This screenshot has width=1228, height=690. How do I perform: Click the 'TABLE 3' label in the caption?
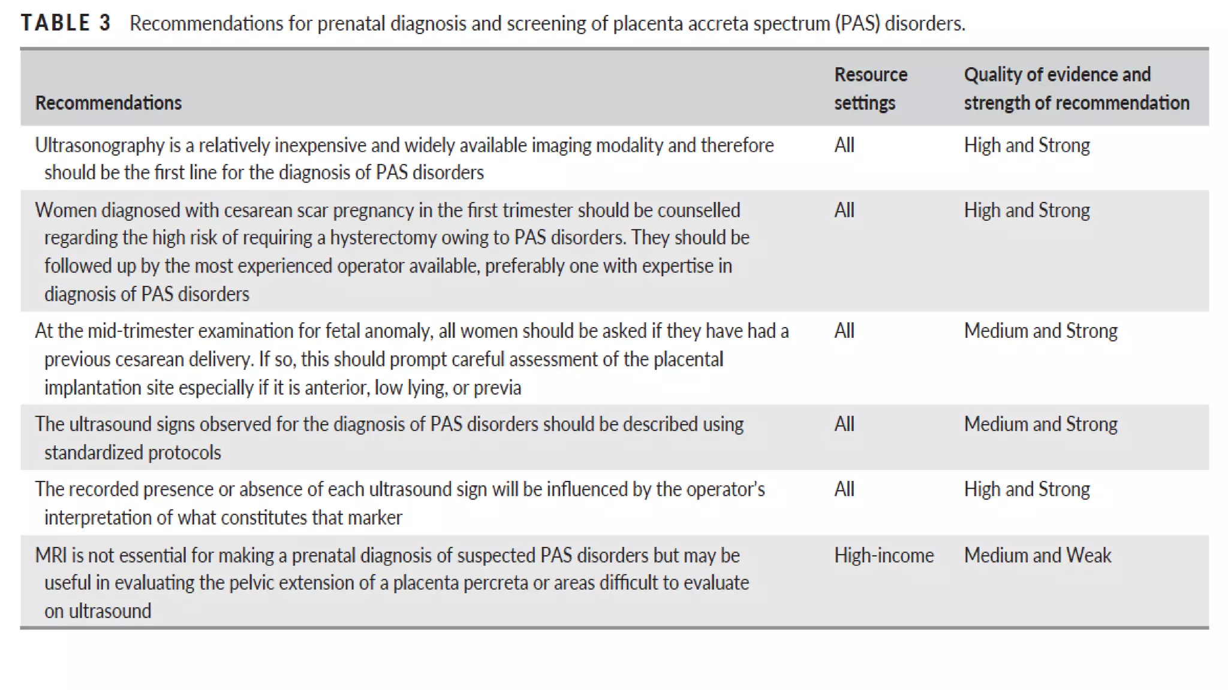66,23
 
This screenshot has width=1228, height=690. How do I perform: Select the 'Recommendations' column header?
108,102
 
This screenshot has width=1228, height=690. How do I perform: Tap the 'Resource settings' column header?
870,88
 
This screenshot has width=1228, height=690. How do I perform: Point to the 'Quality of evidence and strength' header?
1076,88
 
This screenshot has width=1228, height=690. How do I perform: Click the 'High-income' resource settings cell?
883,555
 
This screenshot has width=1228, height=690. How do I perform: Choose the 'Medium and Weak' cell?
1037,555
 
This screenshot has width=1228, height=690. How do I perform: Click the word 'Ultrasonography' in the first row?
100,145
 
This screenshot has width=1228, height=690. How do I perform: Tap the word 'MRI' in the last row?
50,555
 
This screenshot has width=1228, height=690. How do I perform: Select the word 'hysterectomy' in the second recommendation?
383,238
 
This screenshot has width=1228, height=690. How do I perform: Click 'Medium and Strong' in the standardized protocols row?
1040,424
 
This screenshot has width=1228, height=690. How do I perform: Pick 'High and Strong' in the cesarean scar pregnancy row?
1027,210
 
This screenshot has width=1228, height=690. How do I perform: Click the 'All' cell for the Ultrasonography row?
844,145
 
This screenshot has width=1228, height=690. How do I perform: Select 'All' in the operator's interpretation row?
844,489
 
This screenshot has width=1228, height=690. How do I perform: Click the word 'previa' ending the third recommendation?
497,388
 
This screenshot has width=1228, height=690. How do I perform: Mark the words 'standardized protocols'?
133,452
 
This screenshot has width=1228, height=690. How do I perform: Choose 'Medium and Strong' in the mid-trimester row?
1040,331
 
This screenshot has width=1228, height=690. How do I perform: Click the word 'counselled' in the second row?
699,210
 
